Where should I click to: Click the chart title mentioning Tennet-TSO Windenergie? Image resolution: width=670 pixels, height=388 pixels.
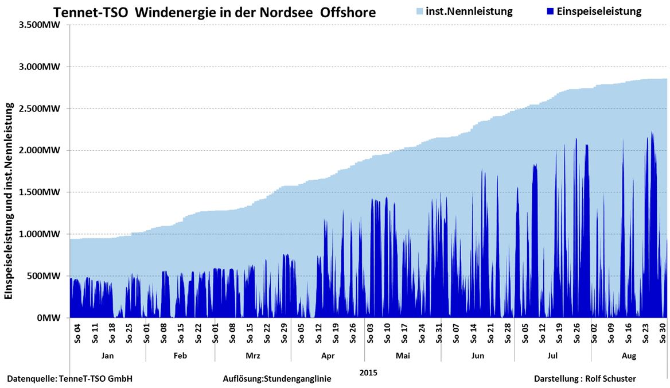(x=215, y=12)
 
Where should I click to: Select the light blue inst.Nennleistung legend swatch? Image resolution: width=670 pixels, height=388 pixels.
(x=420, y=11)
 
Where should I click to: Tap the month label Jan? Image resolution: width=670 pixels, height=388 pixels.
(x=107, y=356)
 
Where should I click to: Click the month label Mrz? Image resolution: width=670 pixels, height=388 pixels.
(x=252, y=356)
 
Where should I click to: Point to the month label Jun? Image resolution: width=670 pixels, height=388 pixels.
(x=477, y=356)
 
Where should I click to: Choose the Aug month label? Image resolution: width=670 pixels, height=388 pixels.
(x=629, y=356)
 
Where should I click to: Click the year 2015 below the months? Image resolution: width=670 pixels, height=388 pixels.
(x=368, y=373)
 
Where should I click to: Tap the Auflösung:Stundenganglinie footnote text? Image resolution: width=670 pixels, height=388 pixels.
(x=277, y=379)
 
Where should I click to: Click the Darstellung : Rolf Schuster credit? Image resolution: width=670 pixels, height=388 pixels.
(x=585, y=379)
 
